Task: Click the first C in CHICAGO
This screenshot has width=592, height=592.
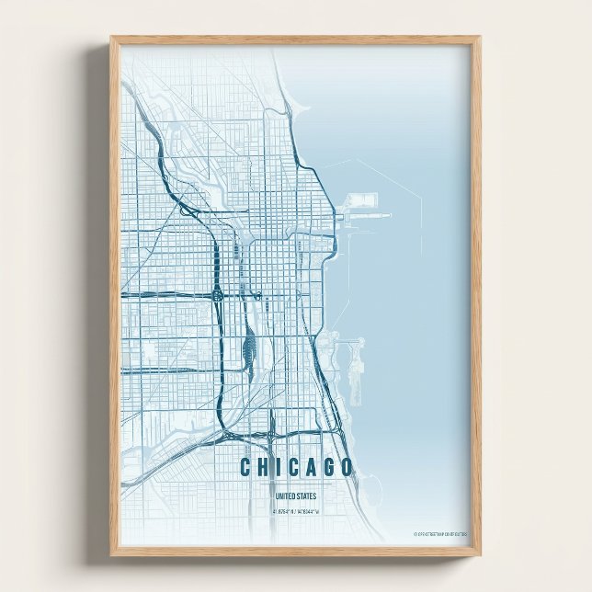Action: (245, 467)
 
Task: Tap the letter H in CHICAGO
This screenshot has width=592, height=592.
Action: (262, 467)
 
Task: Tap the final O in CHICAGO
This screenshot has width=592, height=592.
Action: (345, 467)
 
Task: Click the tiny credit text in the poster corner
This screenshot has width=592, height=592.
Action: (440, 533)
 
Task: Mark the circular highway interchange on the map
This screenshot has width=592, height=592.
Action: (219, 295)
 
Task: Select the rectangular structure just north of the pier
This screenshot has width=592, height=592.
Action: (363, 199)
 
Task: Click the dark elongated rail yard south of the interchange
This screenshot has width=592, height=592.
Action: (247, 347)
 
